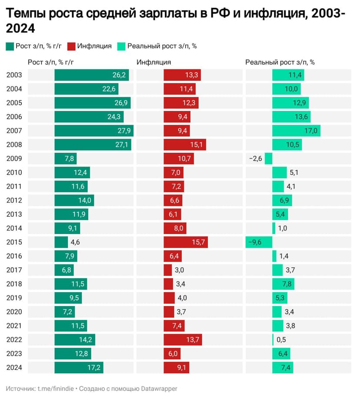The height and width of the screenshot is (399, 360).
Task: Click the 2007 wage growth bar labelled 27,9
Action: (x=94, y=131)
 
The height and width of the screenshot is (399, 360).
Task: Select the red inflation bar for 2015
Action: (x=186, y=242)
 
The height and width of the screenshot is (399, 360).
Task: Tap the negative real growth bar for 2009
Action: (x=269, y=159)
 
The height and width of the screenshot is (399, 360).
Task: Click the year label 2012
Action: (x=14, y=200)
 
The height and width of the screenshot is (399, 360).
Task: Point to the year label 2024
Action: (x=14, y=368)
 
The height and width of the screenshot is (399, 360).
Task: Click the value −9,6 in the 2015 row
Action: (x=254, y=242)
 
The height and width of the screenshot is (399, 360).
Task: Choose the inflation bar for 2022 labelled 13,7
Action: (x=183, y=340)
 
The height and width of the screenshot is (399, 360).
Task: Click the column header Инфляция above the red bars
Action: (x=153, y=62)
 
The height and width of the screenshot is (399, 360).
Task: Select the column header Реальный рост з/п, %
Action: (x=280, y=62)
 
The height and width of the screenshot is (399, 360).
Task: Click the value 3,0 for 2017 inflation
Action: (x=179, y=270)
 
